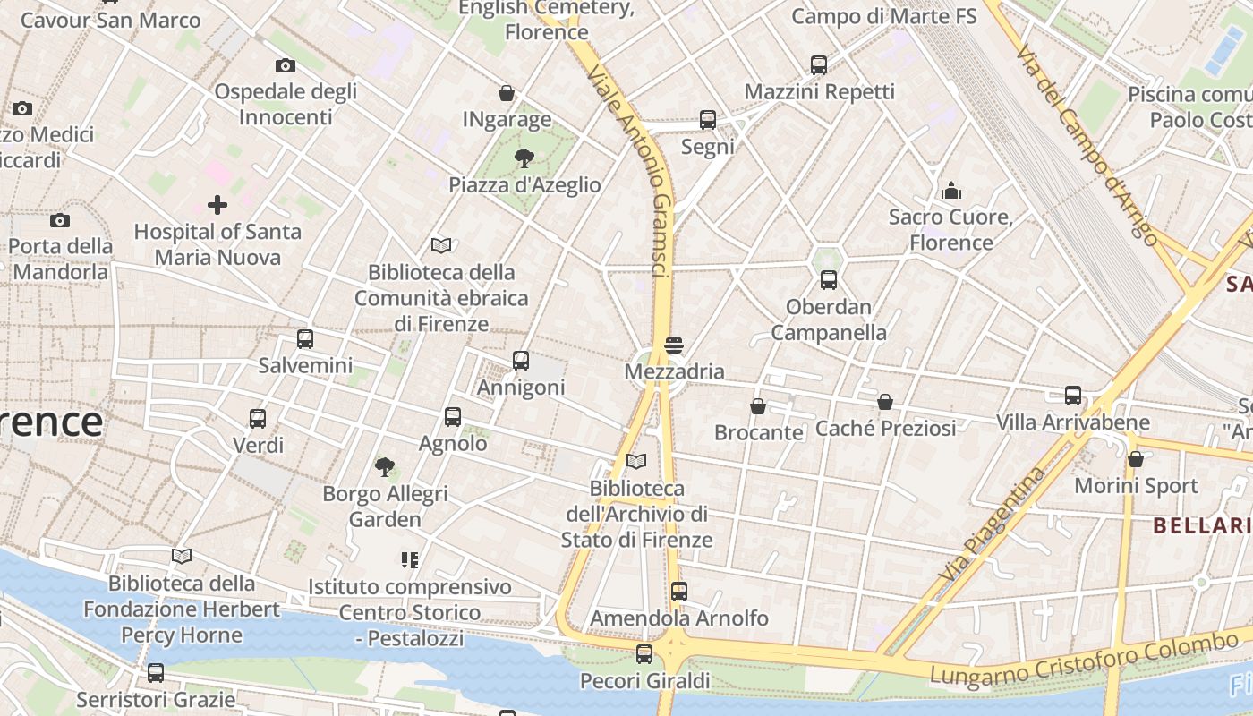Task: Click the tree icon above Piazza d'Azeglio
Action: point(524,158)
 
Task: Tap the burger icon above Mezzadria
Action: point(674,345)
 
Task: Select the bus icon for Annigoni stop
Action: point(521,361)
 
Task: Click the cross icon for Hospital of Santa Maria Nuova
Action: point(217,205)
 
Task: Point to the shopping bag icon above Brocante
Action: point(758,406)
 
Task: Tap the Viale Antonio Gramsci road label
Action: point(632,170)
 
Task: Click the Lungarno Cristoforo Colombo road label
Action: point(1083,661)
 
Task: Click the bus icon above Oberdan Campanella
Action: point(829,280)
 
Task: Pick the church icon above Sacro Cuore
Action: point(950,191)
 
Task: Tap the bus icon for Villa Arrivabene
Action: point(1073,396)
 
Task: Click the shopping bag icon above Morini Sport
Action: point(1136,460)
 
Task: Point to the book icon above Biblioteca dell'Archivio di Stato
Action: point(636,462)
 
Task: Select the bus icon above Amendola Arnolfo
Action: point(679,592)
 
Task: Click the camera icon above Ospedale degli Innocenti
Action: point(286,65)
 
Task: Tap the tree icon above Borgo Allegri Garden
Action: point(385,466)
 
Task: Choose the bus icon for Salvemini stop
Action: point(305,339)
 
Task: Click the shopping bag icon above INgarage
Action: point(507,93)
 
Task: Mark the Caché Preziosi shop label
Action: point(885,428)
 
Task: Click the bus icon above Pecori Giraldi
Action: point(644,654)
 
